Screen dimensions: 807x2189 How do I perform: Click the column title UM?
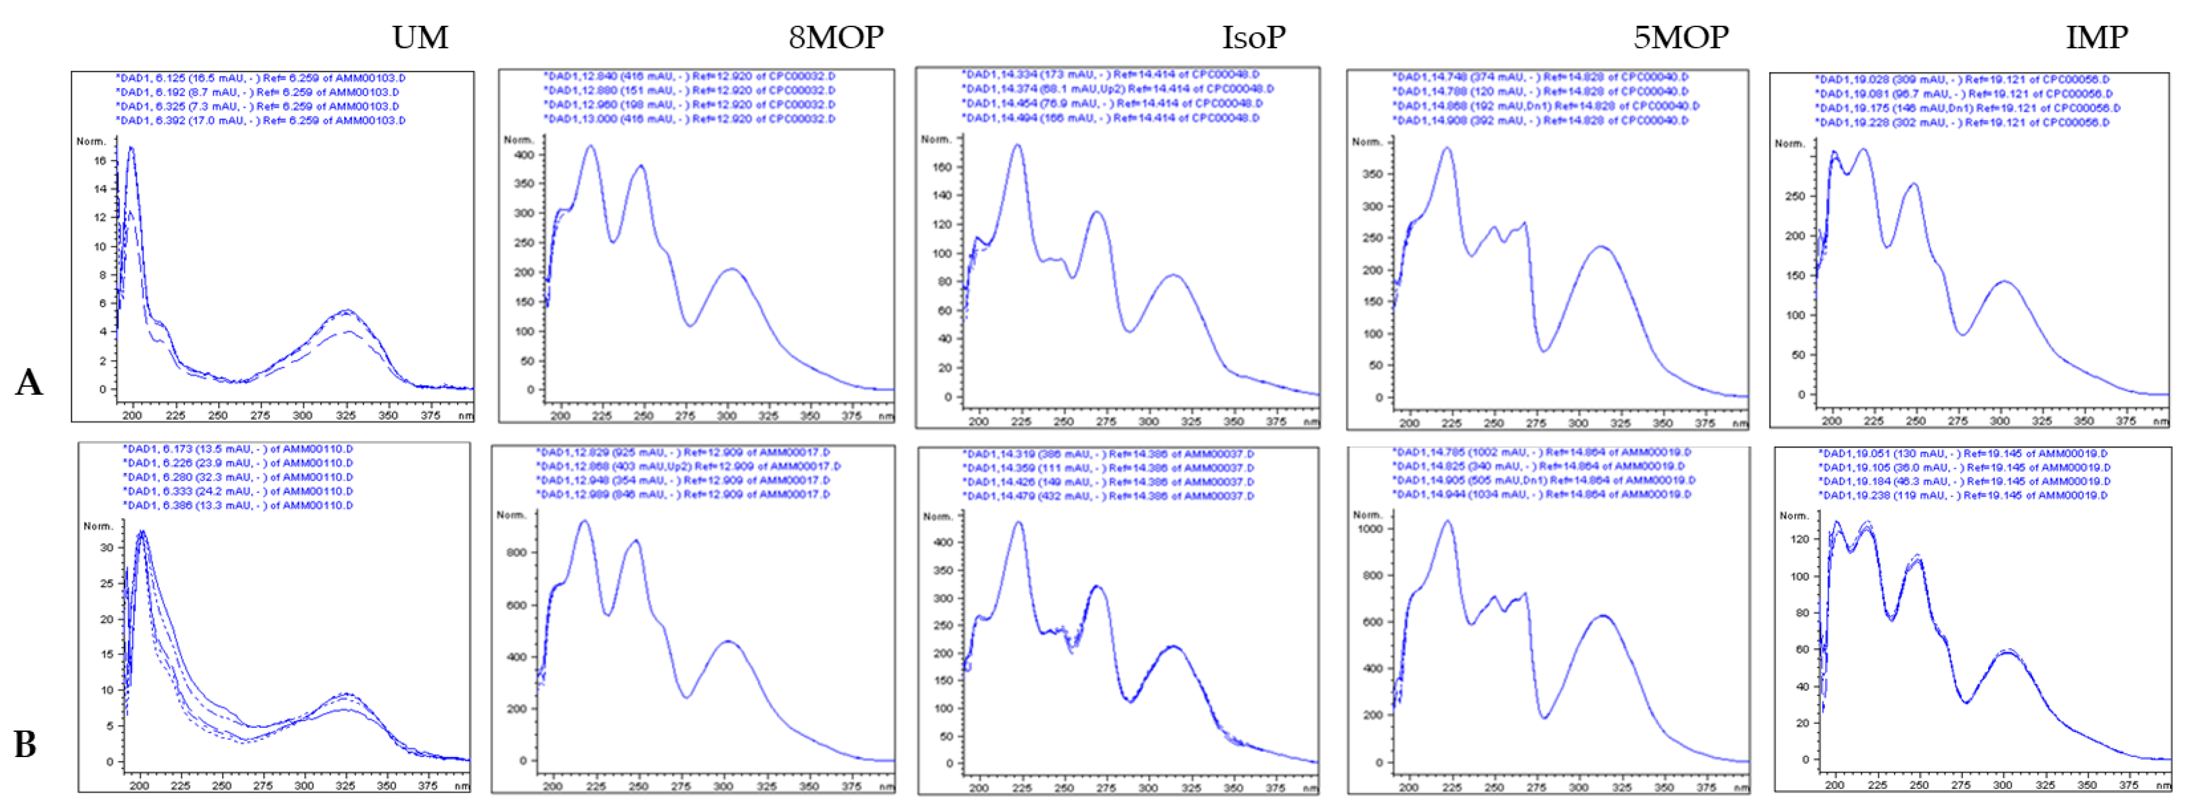click(420, 38)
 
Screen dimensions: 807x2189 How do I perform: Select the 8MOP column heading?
click(835, 38)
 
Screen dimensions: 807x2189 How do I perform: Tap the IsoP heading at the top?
click(1254, 38)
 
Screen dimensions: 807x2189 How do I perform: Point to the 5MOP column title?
click(1680, 38)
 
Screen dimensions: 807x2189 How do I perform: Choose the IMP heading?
click(2096, 38)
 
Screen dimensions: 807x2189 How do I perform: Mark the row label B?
click(25, 744)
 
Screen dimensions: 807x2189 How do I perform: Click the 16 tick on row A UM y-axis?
click(101, 160)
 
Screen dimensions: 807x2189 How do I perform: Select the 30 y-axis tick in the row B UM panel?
click(106, 548)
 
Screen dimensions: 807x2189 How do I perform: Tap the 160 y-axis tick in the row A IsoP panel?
click(942, 167)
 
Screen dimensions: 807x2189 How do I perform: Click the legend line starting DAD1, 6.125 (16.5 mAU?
click(260, 78)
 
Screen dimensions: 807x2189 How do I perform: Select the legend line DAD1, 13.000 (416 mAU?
click(689, 119)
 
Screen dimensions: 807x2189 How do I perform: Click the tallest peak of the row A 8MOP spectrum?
click(591, 147)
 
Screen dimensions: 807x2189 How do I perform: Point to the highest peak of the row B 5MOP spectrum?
click(1448, 522)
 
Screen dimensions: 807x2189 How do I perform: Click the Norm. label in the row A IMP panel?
click(1790, 144)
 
